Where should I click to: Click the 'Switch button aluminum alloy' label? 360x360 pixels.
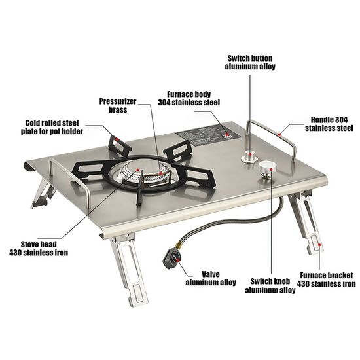click(250, 62)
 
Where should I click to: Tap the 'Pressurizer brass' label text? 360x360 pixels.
click(118, 105)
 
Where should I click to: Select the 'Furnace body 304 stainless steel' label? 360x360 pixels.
click(189, 98)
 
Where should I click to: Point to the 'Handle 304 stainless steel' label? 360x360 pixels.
click(329, 124)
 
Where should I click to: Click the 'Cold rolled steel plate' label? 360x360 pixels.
click(52, 127)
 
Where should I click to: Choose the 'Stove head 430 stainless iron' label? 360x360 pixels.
click(39, 249)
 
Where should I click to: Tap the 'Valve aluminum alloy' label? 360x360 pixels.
click(211, 278)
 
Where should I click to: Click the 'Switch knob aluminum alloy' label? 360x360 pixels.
click(270, 285)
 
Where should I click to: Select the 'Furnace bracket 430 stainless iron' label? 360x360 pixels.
click(326, 279)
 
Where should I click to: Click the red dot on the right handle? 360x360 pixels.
click(279, 134)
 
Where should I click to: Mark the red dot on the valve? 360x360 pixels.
click(177, 259)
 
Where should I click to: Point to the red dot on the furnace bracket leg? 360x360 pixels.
click(319, 245)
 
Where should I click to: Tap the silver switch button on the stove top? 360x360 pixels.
click(249, 156)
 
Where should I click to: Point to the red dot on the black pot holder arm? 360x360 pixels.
click(117, 139)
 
